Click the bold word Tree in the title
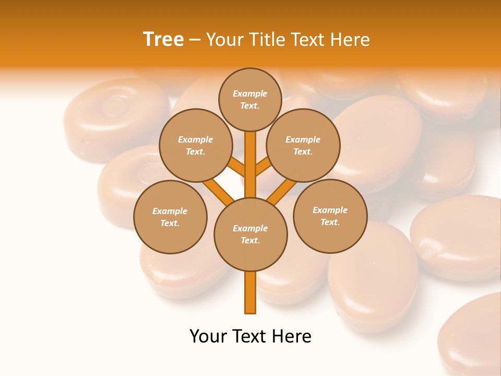(163, 40)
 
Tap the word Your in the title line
(225, 40)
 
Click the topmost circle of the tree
(250, 99)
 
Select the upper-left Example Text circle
(195, 145)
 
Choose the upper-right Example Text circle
(303, 145)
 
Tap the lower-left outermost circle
(170, 217)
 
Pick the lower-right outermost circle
(330, 216)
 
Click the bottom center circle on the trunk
(250, 234)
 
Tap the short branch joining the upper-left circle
(236, 167)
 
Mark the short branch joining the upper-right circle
(264, 167)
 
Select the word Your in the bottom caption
(208, 336)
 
